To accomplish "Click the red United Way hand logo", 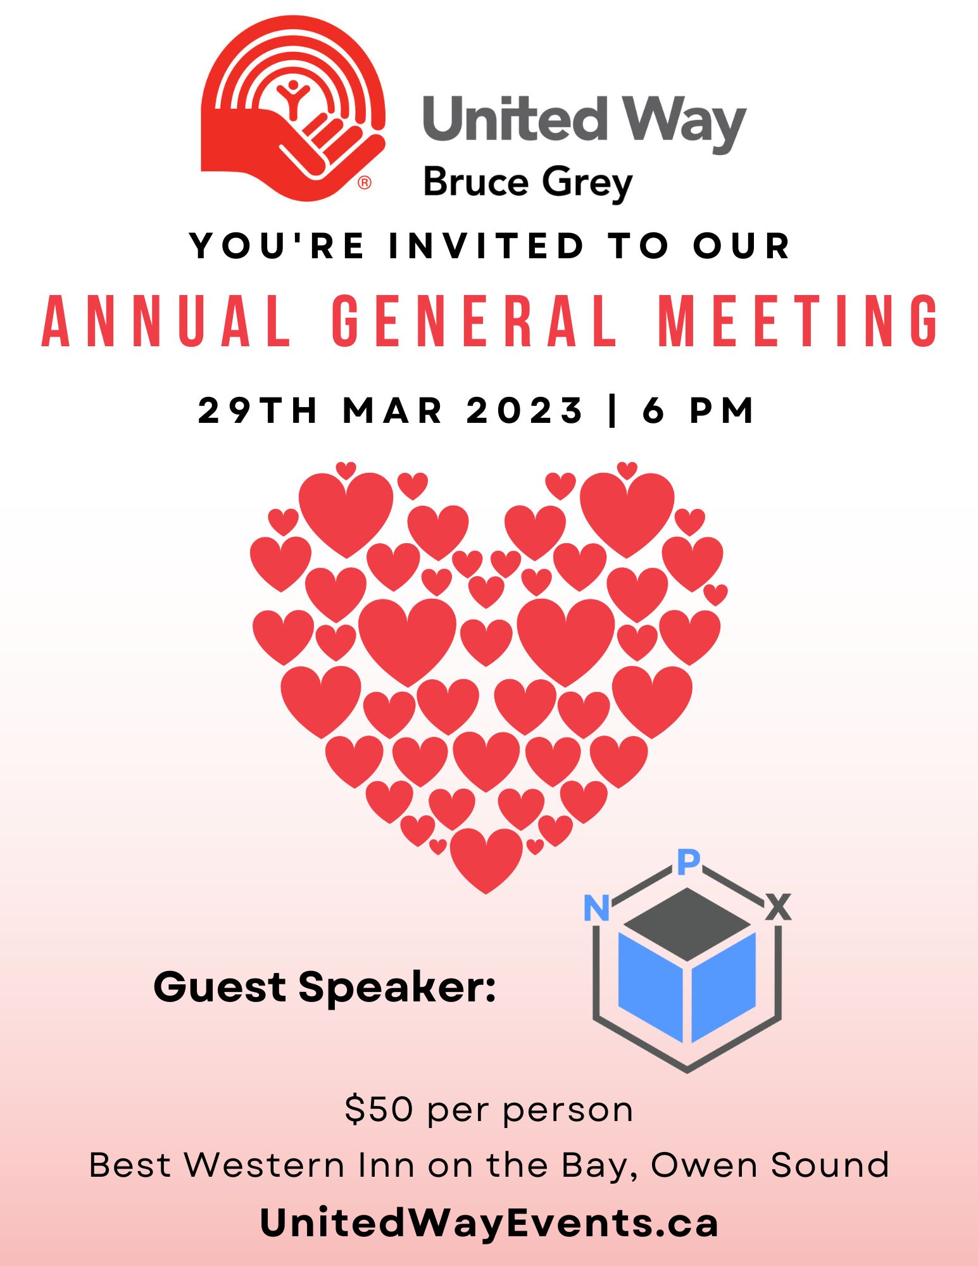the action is click(292, 108).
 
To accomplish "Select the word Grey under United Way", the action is click(587, 184).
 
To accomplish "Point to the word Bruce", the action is click(475, 182).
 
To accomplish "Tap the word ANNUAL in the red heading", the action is click(166, 321).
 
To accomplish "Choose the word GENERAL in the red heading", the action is click(474, 321).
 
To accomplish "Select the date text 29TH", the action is click(257, 410).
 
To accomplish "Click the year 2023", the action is click(524, 410).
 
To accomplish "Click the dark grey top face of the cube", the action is click(687, 924).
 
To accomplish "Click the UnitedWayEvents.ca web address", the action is click(489, 1222).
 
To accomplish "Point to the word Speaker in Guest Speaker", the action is click(398, 987).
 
